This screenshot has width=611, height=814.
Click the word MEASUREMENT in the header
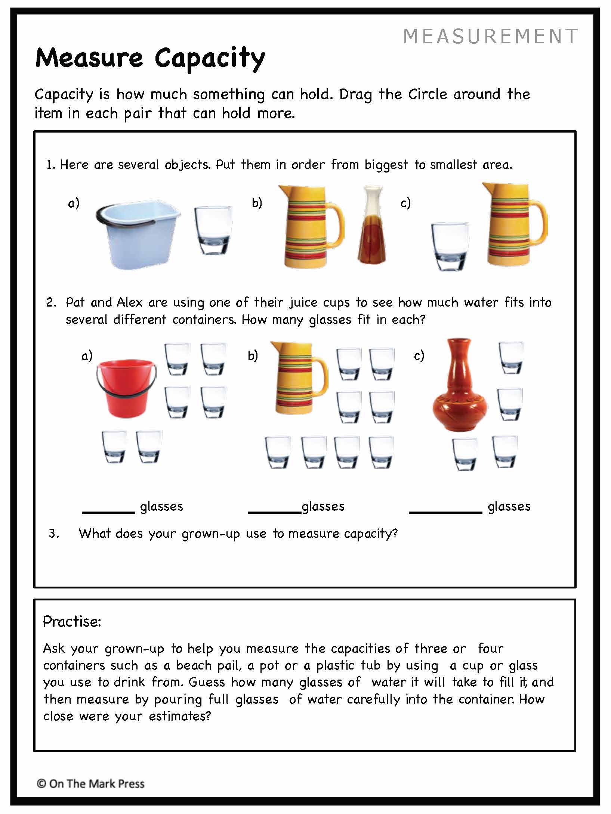pos(491,37)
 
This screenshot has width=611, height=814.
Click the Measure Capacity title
pos(150,59)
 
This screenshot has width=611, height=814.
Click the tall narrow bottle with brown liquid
pos(372,226)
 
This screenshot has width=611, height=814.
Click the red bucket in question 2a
pos(126,388)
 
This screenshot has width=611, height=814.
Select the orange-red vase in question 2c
pos(460,386)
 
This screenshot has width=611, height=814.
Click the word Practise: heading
pos(72,622)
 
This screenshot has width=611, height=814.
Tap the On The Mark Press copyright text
pos(90,783)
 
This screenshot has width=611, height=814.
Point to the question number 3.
pos(53,534)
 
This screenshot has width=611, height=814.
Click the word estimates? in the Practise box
pos(180,716)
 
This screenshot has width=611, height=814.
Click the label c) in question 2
pos(419,355)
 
